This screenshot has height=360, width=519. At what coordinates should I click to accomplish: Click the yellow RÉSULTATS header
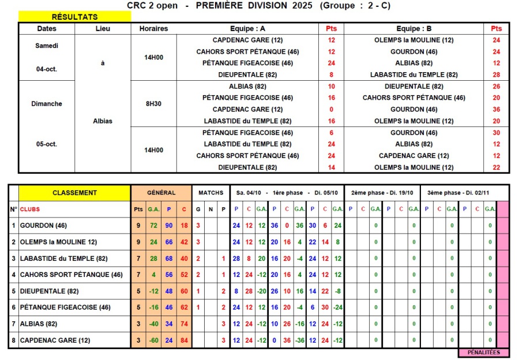pos(74,17)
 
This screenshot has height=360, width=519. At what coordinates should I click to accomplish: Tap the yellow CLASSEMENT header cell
pos(74,193)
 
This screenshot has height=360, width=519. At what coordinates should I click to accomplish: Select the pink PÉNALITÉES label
pos(483,352)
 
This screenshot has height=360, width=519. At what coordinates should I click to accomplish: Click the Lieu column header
pos(103,28)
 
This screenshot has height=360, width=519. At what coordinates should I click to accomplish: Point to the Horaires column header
pos(153,28)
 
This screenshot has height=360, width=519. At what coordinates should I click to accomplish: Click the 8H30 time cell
pos(153,104)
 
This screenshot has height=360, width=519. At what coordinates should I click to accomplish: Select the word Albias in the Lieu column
pos(103,121)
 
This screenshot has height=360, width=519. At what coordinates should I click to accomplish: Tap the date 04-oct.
pos(47,68)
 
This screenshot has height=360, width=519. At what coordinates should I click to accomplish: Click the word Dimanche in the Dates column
pos(47,104)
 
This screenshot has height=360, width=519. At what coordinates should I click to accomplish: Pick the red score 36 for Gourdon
pos(496,110)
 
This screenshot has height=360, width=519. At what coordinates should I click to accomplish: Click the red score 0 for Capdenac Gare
pos(331,110)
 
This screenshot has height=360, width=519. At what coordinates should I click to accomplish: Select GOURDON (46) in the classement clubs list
pos(43,226)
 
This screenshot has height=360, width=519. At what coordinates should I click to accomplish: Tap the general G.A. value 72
pos(153,226)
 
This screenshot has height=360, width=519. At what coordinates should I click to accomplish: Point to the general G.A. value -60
pos(153,340)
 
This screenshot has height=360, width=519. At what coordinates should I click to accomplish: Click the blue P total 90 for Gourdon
pos(168,226)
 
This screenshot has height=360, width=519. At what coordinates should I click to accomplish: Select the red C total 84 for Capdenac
pos(183,340)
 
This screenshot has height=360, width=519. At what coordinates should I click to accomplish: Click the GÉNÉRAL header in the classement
pos(161,193)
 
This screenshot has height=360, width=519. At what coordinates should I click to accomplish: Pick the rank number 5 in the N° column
pos(13,291)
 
